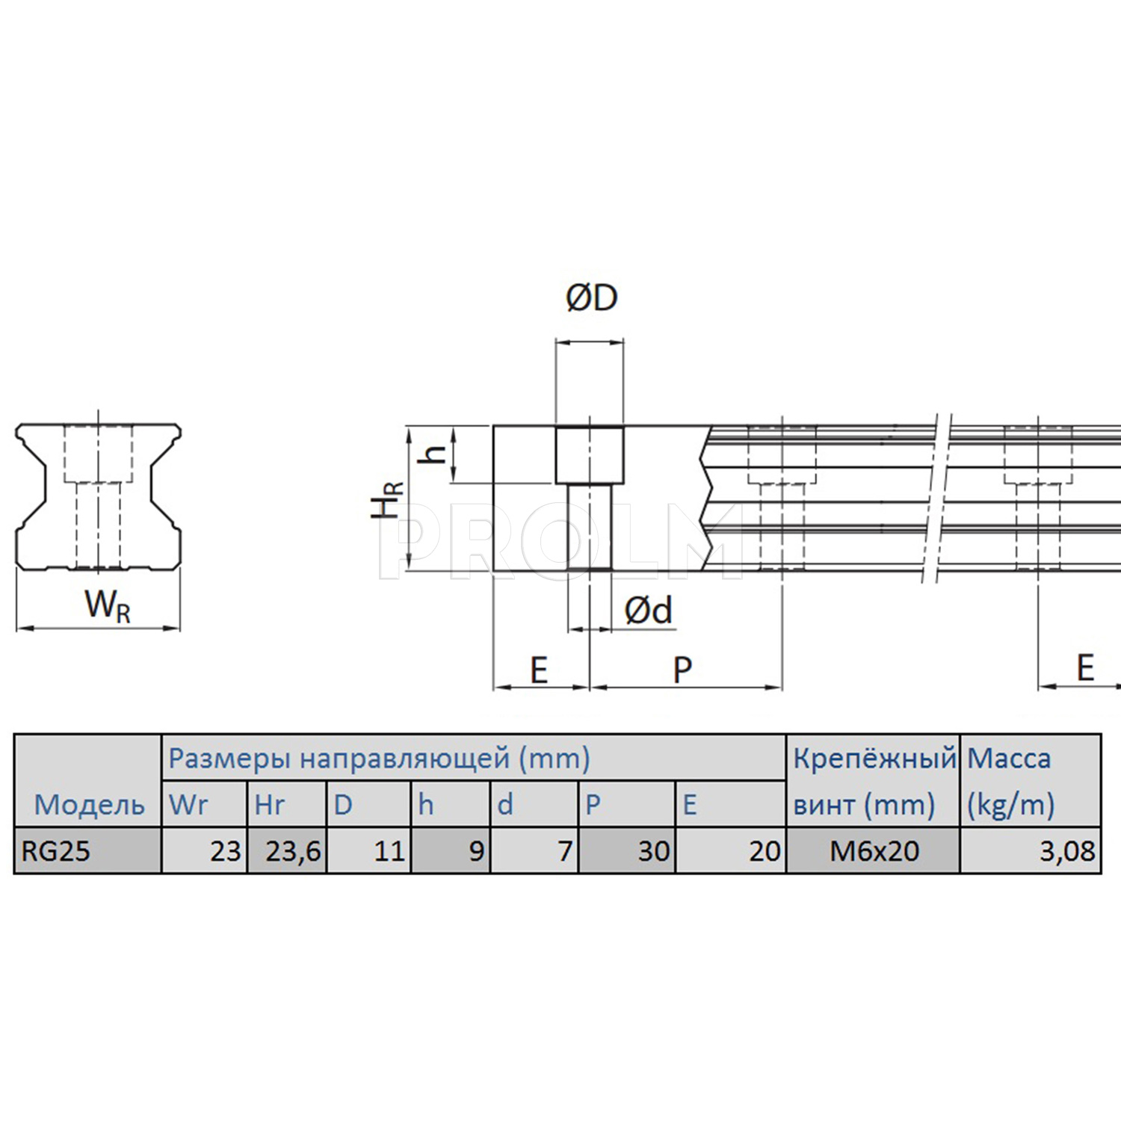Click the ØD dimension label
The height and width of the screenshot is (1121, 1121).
coord(592,298)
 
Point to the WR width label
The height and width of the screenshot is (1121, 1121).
coord(108,605)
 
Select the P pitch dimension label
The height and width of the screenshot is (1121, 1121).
coord(682,670)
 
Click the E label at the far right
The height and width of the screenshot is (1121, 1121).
coord(1085,667)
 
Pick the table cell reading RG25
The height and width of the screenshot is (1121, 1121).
coord(55,851)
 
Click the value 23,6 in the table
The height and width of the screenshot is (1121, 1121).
coord(293,851)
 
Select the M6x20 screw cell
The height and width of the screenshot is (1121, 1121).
coord(874,851)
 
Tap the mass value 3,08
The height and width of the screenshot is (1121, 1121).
coord(1067,851)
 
